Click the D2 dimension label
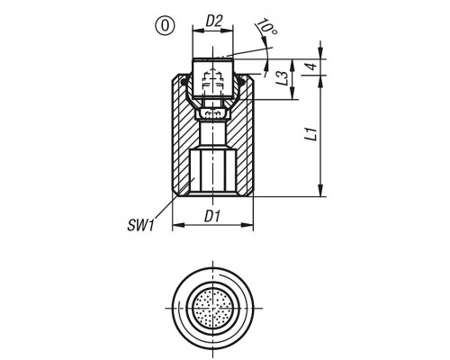pyautogui.click(x=213, y=22)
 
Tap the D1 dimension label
pyautogui.click(x=212, y=217)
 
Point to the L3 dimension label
pyautogui.click(x=283, y=78)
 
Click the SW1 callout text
pyautogui.click(x=140, y=225)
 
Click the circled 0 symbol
pyautogui.click(x=165, y=26)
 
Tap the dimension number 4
pyautogui.click(x=312, y=67)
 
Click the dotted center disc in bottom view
pyautogui.click(x=213, y=308)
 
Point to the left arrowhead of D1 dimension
pyautogui.click(x=177, y=225)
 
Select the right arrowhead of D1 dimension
pyautogui.click(x=248, y=225)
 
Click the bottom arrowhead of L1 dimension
pyautogui.click(x=321, y=191)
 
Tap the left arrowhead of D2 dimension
pyautogui.click(x=197, y=30)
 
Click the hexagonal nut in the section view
pyautogui.click(x=212, y=114)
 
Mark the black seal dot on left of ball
pyautogui.click(x=184, y=82)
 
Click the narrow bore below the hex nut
pyautogui.click(x=213, y=133)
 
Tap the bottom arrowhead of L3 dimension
pyautogui.click(x=292, y=94)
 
